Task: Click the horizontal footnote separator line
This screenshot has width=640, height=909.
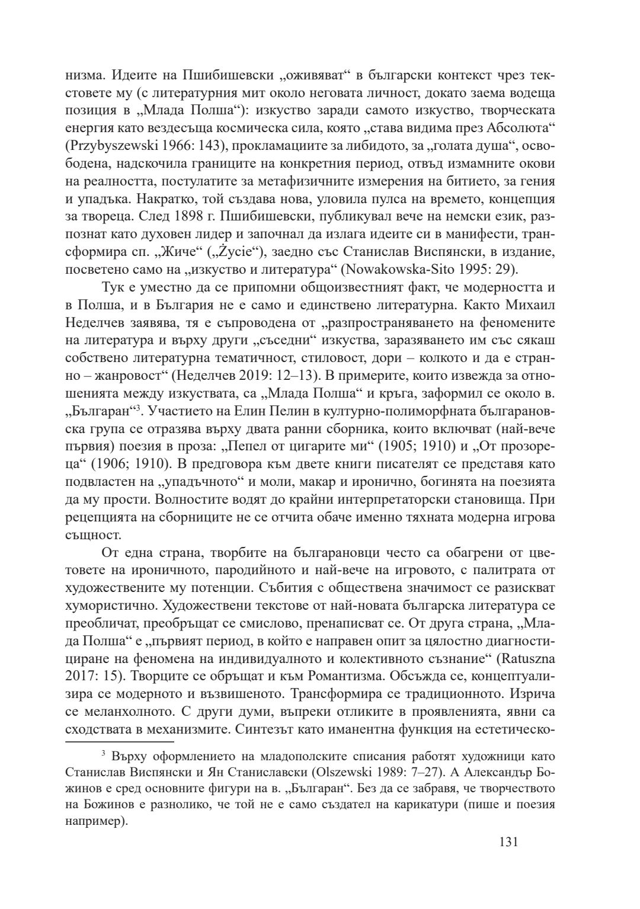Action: pos(119,741)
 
